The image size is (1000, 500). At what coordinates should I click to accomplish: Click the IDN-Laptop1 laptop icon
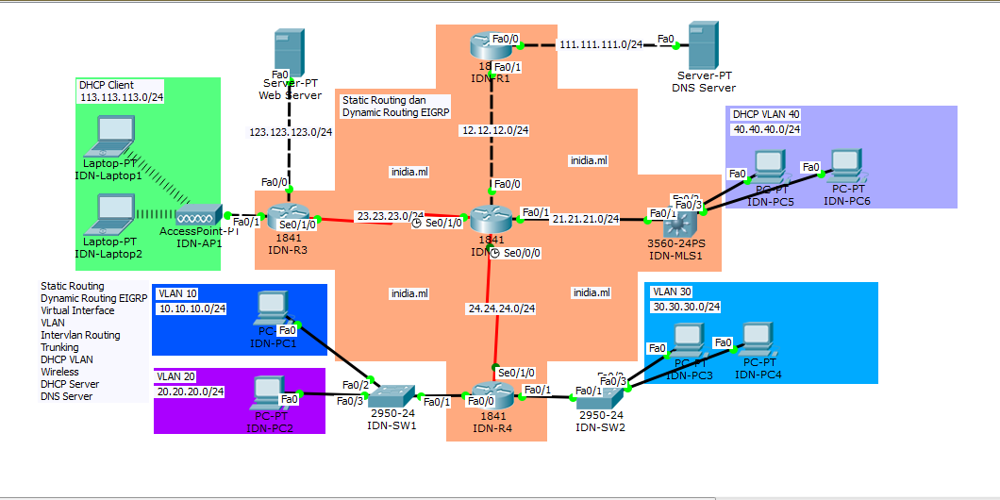coord(110,138)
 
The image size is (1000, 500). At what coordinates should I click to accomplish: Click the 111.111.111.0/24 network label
coord(601,44)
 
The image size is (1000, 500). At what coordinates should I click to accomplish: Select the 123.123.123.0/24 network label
coord(291,132)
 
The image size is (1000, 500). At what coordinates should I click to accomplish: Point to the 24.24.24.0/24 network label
coord(501,308)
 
